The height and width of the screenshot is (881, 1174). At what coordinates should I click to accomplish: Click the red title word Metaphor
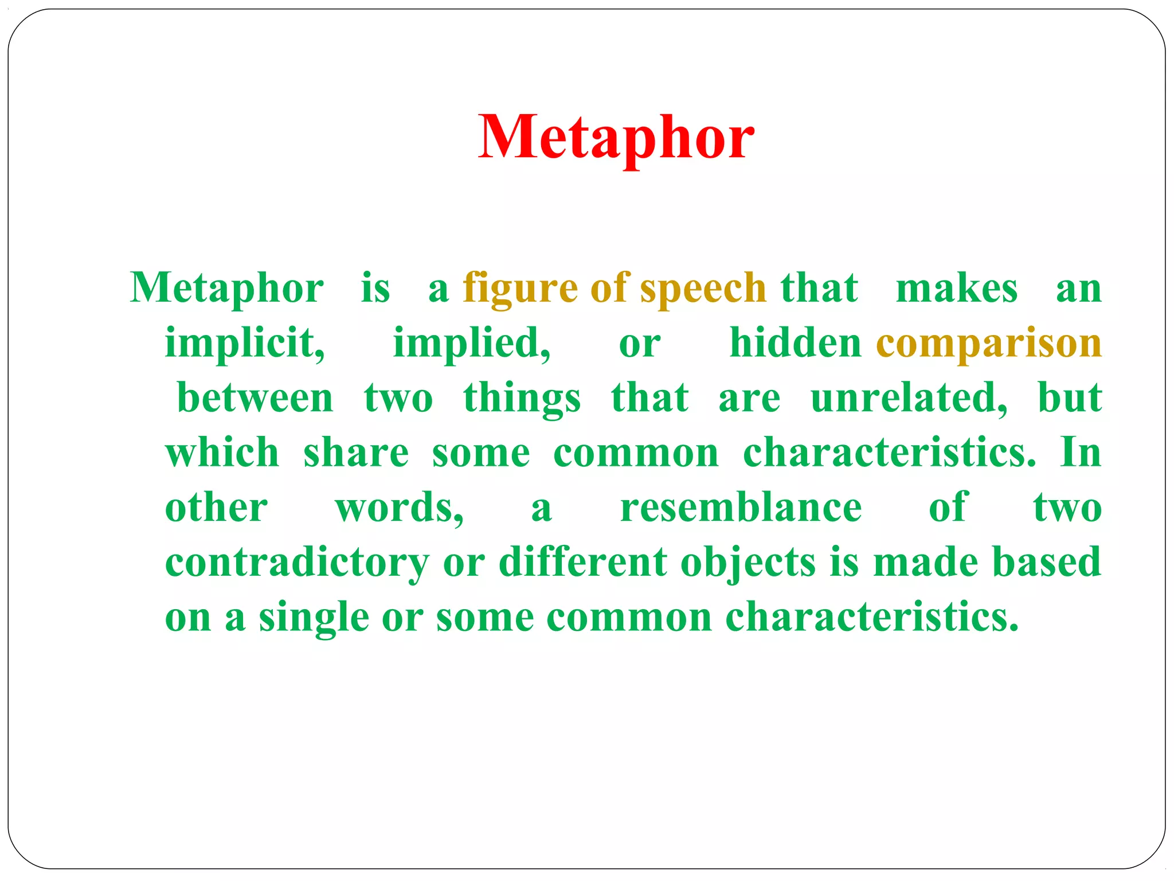(x=616, y=138)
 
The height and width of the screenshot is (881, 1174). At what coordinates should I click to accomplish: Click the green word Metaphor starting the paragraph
(x=227, y=288)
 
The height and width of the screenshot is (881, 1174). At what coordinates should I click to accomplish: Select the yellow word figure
(x=520, y=288)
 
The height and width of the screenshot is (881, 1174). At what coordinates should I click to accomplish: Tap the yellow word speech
(x=703, y=288)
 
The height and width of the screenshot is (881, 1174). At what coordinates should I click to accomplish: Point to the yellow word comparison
(x=989, y=343)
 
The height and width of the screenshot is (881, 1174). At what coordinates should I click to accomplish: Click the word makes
(x=957, y=288)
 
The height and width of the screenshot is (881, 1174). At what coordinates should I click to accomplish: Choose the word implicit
(x=245, y=343)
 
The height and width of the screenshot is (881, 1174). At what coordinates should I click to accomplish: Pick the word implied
(x=471, y=343)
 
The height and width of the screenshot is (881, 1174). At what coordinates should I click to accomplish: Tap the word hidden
(x=795, y=343)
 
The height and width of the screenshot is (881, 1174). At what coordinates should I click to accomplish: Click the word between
(x=255, y=397)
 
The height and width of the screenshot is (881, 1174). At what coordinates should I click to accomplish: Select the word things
(x=522, y=397)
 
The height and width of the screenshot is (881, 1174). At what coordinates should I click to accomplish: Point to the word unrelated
(x=909, y=397)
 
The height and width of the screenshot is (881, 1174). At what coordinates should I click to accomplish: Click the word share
(x=356, y=453)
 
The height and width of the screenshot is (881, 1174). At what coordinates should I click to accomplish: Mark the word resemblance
(x=741, y=508)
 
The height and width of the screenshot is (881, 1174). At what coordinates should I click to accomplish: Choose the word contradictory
(x=297, y=562)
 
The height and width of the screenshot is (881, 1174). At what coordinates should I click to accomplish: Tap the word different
(x=582, y=562)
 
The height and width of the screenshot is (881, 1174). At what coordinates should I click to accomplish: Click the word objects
(x=748, y=562)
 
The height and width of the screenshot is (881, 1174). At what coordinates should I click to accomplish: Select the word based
(x=1047, y=562)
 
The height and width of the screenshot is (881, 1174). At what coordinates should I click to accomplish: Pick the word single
(x=314, y=617)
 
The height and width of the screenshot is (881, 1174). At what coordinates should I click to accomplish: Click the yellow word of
(x=609, y=288)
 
